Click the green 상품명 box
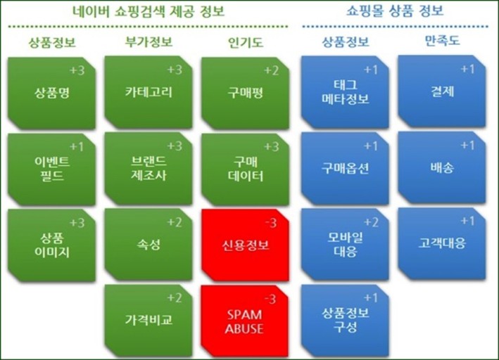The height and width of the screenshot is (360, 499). (x=51, y=93)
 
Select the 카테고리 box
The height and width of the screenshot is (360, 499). (x=149, y=92)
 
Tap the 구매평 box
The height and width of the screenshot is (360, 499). (x=245, y=93)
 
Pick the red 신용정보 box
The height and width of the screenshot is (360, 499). (x=245, y=245)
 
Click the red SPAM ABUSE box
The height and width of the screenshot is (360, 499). (x=244, y=321)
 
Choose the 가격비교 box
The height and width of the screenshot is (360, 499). (x=149, y=321)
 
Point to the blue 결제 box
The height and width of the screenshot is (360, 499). (x=442, y=91)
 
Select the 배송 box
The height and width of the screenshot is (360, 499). (x=442, y=167)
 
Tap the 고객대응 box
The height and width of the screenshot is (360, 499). (x=442, y=243)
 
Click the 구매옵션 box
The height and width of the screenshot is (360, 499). (x=345, y=168)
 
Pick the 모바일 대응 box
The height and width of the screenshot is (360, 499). (x=345, y=244)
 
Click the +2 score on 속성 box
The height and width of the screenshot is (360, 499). (x=175, y=222)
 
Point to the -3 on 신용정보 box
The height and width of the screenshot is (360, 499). (x=271, y=224)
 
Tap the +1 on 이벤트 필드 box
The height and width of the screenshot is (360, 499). (x=77, y=147)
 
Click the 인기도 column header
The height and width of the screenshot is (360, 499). (x=246, y=43)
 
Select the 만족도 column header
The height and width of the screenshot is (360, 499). (x=443, y=41)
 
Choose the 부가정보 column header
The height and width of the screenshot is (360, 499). (x=149, y=41)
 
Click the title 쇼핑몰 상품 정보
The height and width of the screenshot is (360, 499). (x=395, y=11)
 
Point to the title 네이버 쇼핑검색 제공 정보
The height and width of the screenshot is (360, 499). (x=149, y=11)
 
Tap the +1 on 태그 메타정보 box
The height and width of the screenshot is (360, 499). (x=370, y=70)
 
